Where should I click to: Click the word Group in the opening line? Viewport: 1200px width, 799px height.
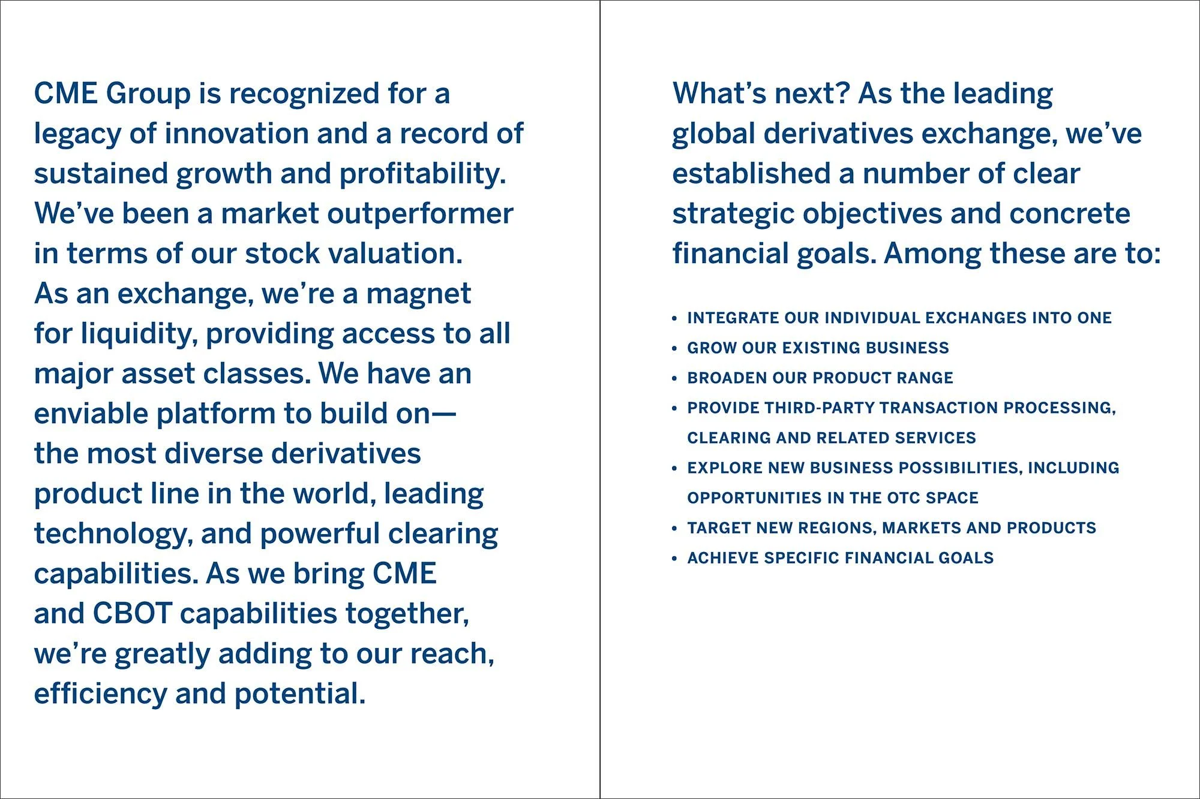(x=148, y=94)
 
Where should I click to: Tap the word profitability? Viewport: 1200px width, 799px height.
(x=422, y=174)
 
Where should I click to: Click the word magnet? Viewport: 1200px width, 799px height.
(x=418, y=294)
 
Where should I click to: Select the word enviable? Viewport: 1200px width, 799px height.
(x=91, y=414)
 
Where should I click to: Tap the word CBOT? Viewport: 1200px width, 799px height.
(x=133, y=614)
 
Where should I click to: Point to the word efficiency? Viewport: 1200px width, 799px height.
(x=100, y=694)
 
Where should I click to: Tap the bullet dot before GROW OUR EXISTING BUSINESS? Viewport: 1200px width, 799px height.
(x=675, y=348)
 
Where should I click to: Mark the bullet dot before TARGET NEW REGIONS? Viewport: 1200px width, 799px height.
(x=675, y=528)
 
